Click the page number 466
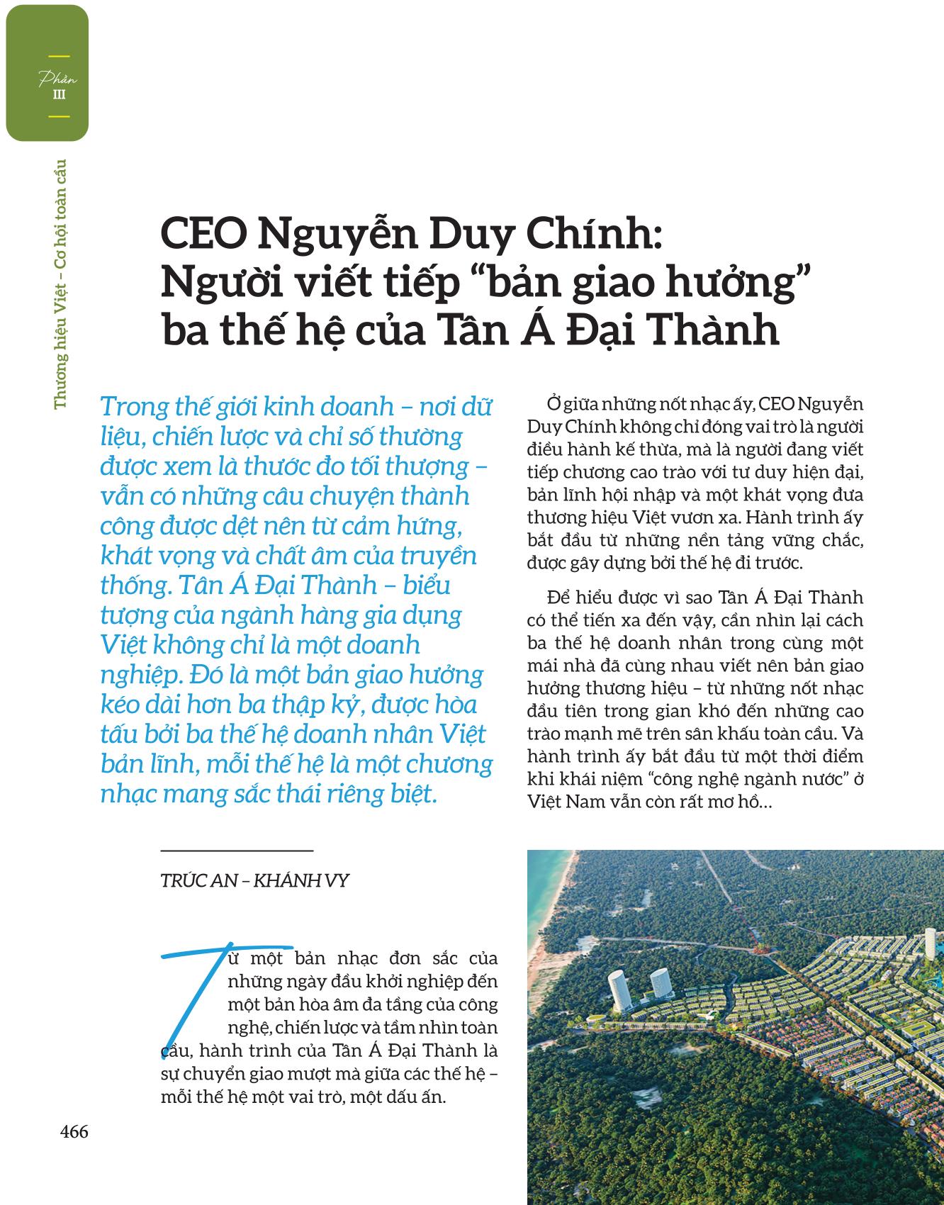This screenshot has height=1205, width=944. [x=74, y=1132]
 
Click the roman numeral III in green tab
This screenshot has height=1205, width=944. [x=60, y=95]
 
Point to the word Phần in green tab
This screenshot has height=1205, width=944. [x=58, y=79]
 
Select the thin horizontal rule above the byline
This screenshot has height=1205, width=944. [x=237, y=849]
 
